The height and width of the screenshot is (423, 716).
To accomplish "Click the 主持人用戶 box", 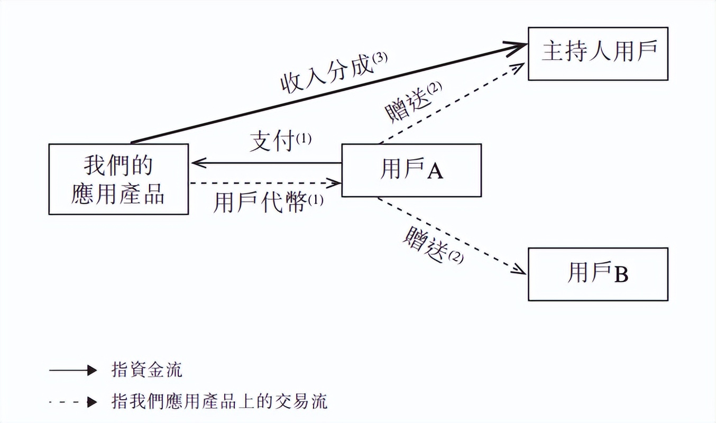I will (598, 53).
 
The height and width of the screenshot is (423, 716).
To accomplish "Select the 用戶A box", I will (411, 170).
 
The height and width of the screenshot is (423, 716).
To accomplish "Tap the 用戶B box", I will (598, 274).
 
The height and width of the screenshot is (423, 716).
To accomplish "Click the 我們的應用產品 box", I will (118, 179).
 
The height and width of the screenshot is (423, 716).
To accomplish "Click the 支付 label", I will (273, 142).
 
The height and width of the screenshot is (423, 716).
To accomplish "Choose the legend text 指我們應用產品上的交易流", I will (219, 401).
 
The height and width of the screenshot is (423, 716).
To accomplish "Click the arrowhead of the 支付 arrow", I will (197, 163).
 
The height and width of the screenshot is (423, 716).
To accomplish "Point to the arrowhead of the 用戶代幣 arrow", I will (336, 183).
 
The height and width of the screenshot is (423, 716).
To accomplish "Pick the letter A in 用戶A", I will (435, 171).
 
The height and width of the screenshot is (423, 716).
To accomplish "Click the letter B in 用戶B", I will (621, 275).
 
